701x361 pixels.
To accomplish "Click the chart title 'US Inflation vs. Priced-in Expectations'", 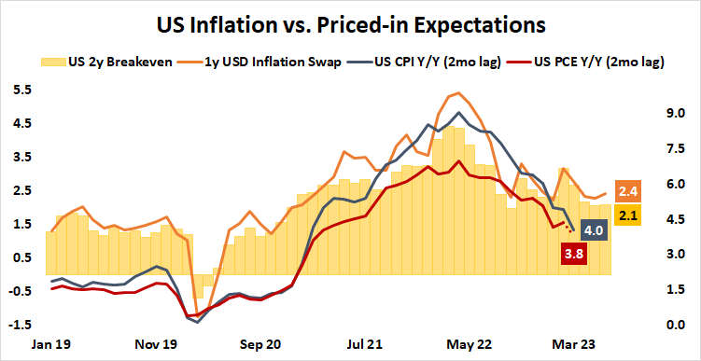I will coord(350,21).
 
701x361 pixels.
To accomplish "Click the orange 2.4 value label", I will coord(628,191).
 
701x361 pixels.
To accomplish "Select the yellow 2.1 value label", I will coord(628,216).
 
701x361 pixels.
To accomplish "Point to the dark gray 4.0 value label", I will coord(594,229).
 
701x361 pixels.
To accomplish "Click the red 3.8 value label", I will coord(573,253).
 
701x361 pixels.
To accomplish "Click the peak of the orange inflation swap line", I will coord(456,93).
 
